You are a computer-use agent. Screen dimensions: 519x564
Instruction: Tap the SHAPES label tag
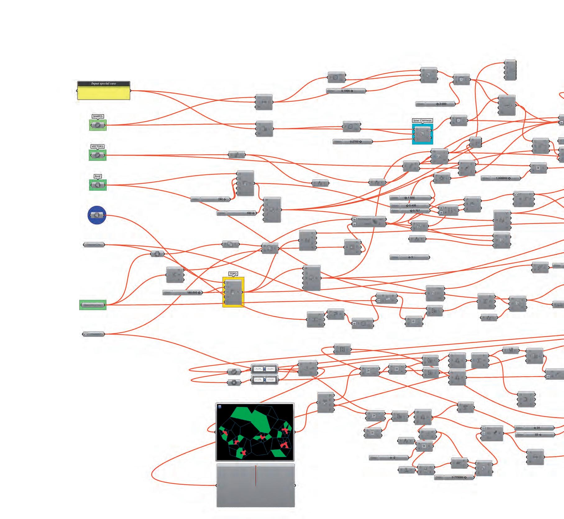click(98, 116)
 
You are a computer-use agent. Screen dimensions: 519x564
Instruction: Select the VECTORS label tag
click(97, 147)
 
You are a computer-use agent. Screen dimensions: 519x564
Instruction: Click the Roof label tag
click(98, 176)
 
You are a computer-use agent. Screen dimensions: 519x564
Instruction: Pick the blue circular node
click(97, 215)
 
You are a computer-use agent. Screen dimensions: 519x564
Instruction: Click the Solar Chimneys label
click(422, 120)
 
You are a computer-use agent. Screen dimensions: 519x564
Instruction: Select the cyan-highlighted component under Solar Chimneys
click(422, 134)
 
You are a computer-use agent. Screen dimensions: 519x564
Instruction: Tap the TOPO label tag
click(233, 274)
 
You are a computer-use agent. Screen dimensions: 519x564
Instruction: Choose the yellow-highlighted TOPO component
click(233, 292)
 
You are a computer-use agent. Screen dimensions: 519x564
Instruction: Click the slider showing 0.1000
click(346, 91)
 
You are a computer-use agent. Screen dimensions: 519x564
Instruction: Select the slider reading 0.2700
click(353, 142)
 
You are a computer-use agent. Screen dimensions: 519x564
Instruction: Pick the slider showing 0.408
click(410, 205)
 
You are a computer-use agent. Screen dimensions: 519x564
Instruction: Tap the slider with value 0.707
click(410, 211)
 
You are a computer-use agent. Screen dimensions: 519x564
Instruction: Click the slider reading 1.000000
click(501, 178)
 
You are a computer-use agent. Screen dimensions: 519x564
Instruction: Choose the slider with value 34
click(534, 428)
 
